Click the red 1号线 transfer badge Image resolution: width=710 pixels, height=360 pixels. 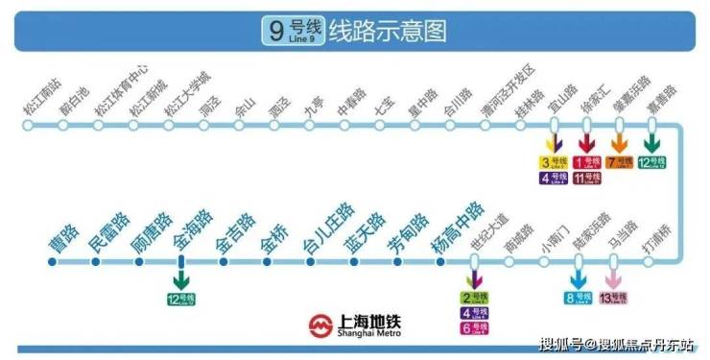coord(587,161)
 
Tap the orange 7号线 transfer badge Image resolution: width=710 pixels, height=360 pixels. coord(620,161)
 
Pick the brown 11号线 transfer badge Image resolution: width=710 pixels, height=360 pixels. coord(587,178)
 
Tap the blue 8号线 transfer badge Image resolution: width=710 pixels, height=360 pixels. coord(578,298)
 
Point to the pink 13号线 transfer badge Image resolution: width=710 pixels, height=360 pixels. coord(613,298)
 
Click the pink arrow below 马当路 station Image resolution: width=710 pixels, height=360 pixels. coord(612,278)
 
